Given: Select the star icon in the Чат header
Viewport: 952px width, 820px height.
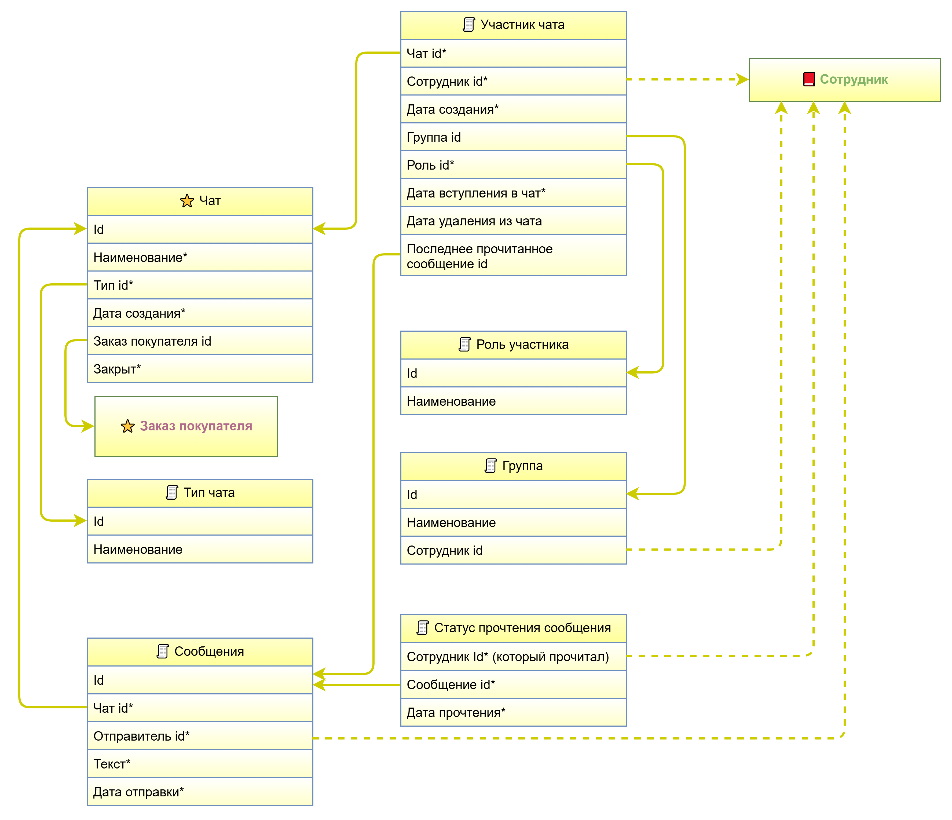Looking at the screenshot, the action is (x=187, y=201).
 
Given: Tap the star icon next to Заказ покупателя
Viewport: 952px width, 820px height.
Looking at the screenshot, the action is (x=128, y=426).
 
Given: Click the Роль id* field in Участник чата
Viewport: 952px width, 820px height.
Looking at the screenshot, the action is (x=513, y=165).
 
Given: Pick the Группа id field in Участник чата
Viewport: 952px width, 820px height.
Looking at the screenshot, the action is (x=513, y=137).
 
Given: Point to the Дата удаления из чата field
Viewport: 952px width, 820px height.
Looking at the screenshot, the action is (x=513, y=221).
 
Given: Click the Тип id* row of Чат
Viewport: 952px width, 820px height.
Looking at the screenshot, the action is (x=200, y=285).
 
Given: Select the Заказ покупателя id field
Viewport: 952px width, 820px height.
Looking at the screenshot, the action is (x=200, y=341).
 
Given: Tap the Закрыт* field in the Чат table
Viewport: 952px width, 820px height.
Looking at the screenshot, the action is (x=200, y=369).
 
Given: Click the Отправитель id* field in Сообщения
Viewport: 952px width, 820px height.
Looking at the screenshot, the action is (x=200, y=736).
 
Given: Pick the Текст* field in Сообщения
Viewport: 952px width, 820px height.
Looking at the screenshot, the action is (x=200, y=764).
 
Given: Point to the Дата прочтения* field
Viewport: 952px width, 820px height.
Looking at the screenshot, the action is (x=513, y=712).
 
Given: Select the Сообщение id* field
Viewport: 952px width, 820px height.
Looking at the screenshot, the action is (x=513, y=684).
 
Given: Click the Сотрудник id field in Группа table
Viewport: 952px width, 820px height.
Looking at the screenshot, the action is (x=513, y=550).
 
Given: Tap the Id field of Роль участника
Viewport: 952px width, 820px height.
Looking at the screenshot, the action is (x=513, y=373).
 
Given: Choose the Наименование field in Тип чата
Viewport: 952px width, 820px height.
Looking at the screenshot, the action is (x=200, y=550).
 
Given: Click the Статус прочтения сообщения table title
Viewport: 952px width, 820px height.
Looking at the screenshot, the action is (x=522, y=628).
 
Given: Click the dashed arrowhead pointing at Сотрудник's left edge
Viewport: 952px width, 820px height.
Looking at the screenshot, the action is (x=742, y=79).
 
